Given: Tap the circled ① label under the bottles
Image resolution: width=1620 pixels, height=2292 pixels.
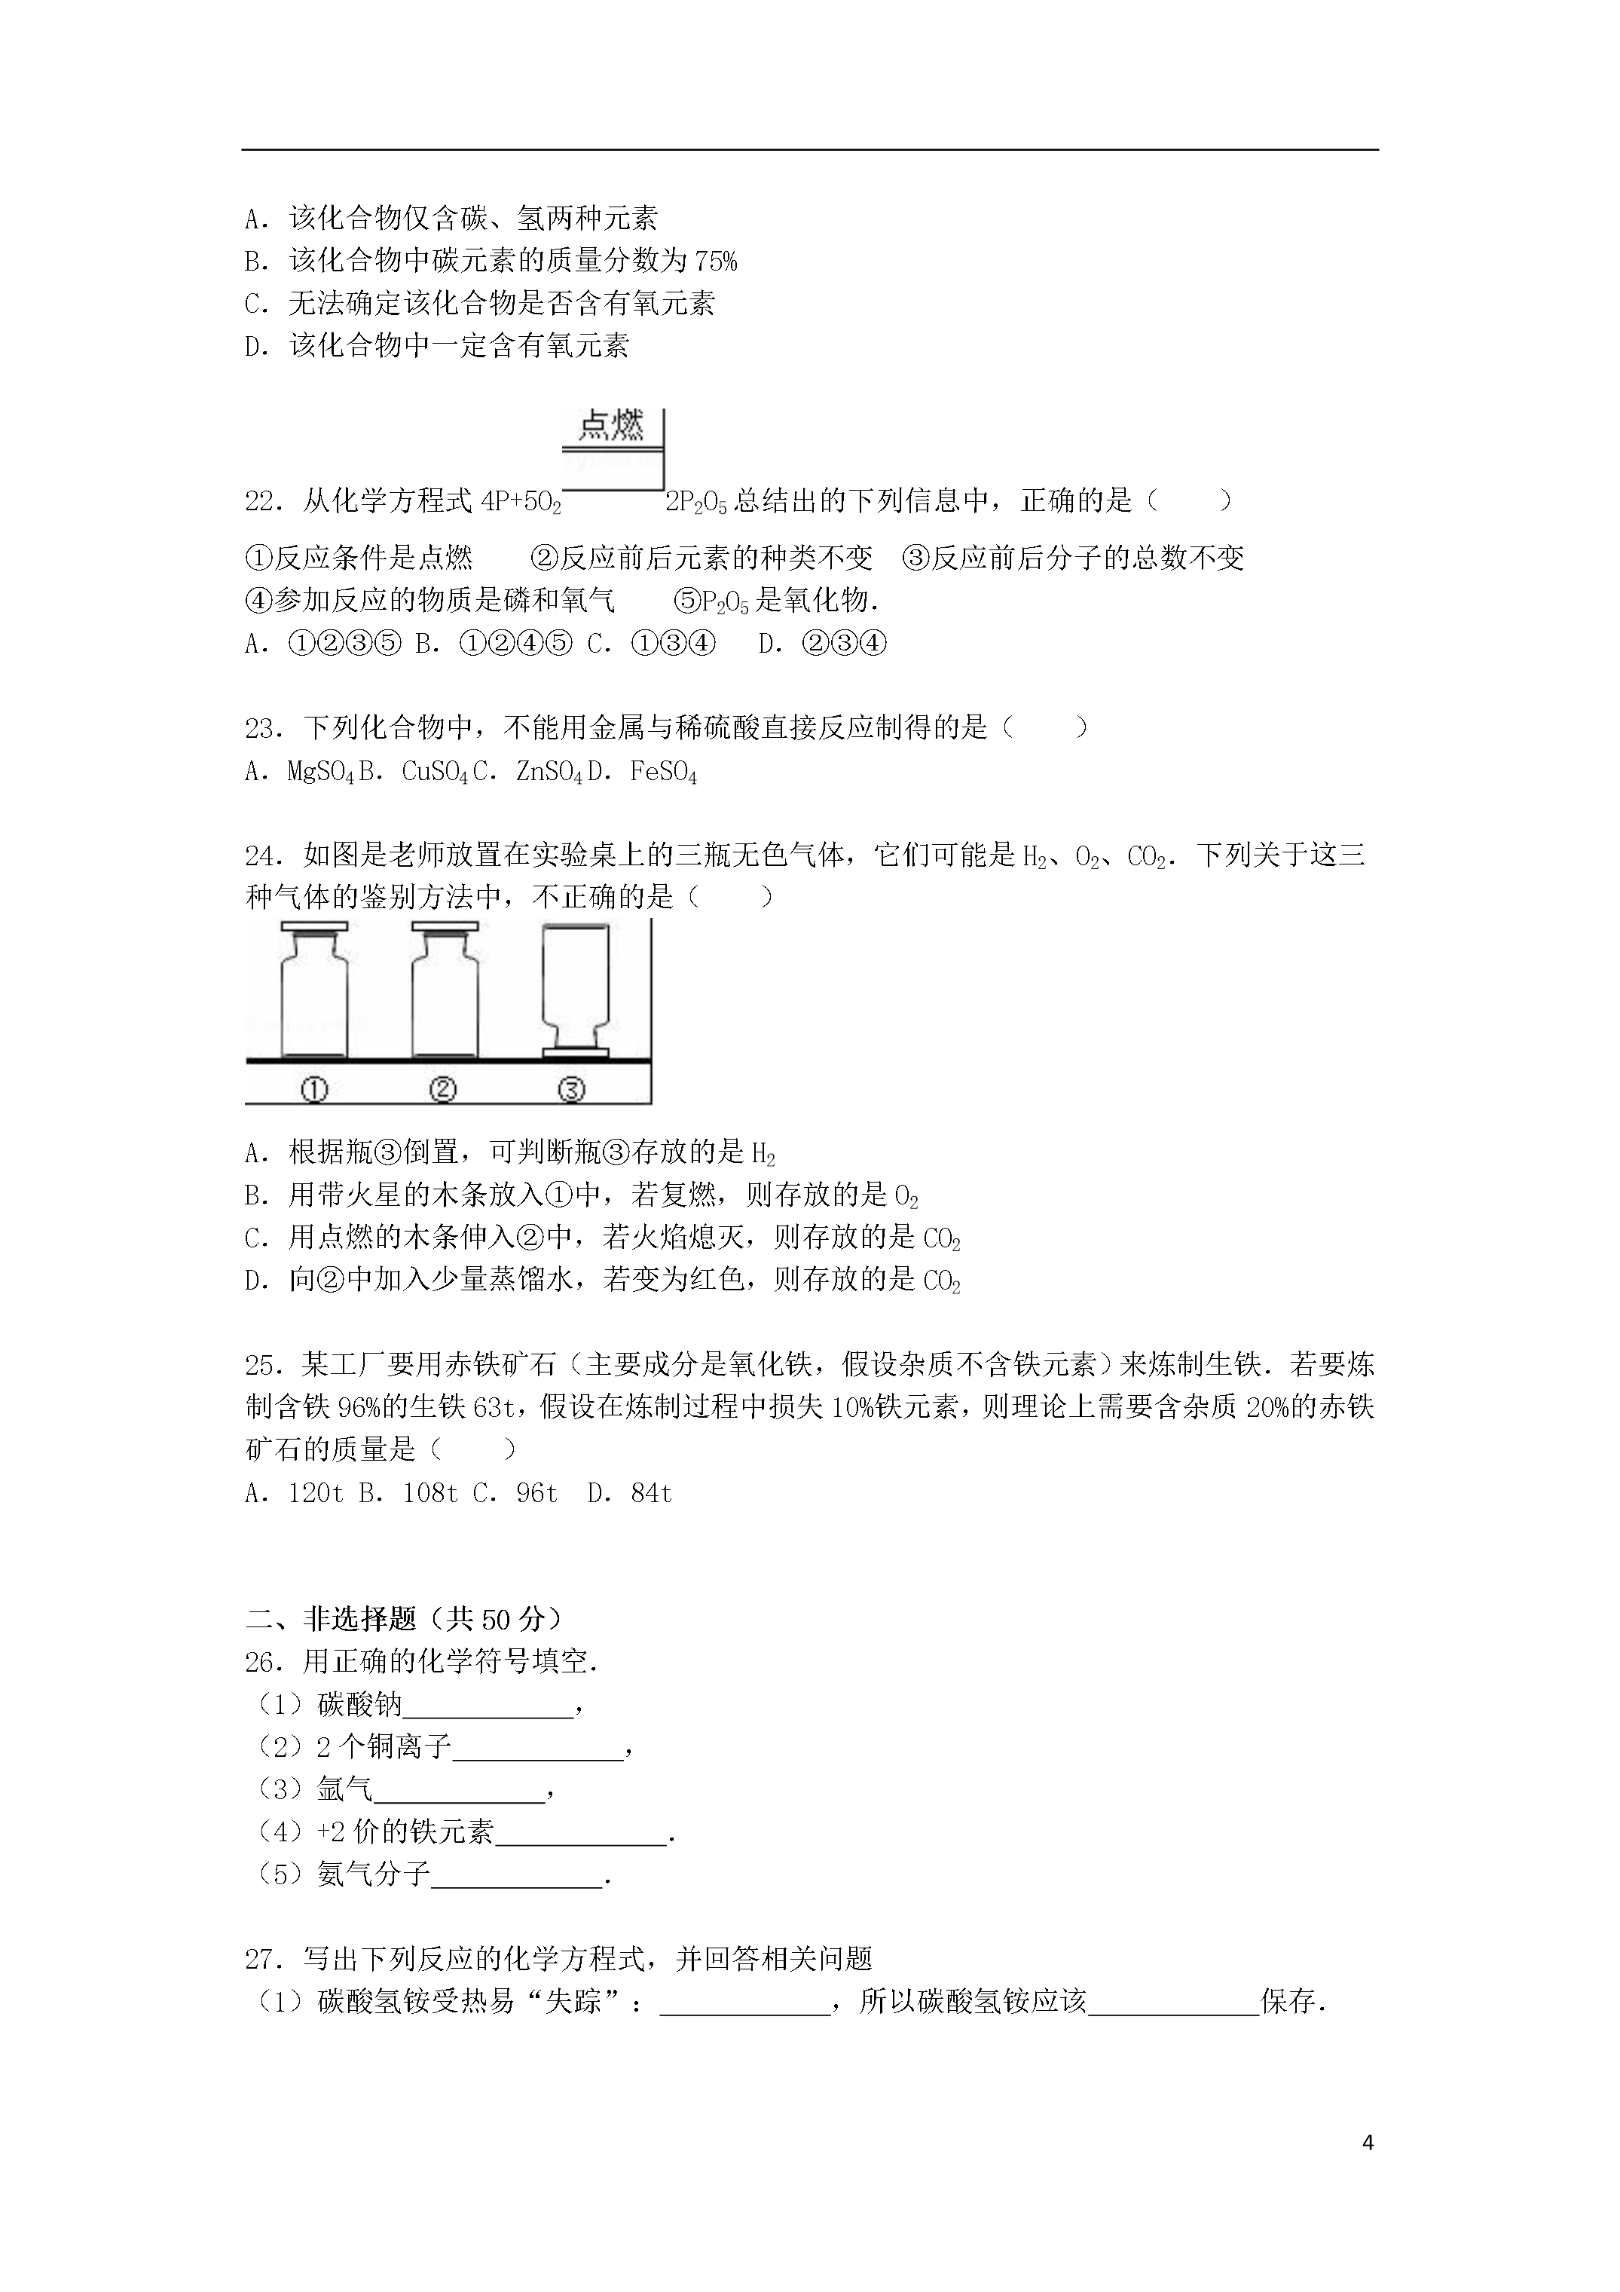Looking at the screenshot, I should pyautogui.click(x=313, y=1089).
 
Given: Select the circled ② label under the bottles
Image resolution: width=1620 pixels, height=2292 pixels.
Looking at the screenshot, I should pyautogui.click(x=442, y=1089).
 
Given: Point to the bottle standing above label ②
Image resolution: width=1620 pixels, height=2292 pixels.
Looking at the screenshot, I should pyautogui.click(x=444, y=990).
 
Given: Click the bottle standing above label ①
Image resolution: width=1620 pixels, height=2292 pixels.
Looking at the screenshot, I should pyautogui.click(x=314, y=990).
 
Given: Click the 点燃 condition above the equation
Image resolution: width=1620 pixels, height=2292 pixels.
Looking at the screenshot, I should pyautogui.click(x=611, y=427).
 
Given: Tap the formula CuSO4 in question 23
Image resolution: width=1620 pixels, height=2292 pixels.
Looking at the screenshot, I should pyautogui.click(x=434, y=772).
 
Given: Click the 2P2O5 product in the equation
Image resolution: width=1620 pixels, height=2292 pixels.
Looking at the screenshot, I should pyautogui.click(x=695, y=501).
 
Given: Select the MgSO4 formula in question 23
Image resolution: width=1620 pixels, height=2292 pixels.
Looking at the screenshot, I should pyautogui.click(x=319, y=772).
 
